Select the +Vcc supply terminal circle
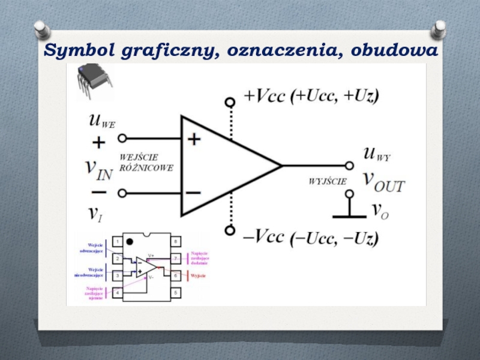(x=229, y=102)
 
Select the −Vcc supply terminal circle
(x=229, y=230)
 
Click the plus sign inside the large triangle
(x=193, y=139)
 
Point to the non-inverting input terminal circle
(x=122, y=139)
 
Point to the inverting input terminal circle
(x=122, y=193)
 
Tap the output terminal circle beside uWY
(x=349, y=166)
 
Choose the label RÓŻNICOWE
(x=147, y=169)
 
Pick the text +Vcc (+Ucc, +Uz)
(x=311, y=95)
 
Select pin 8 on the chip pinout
(x=176, y=242)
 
